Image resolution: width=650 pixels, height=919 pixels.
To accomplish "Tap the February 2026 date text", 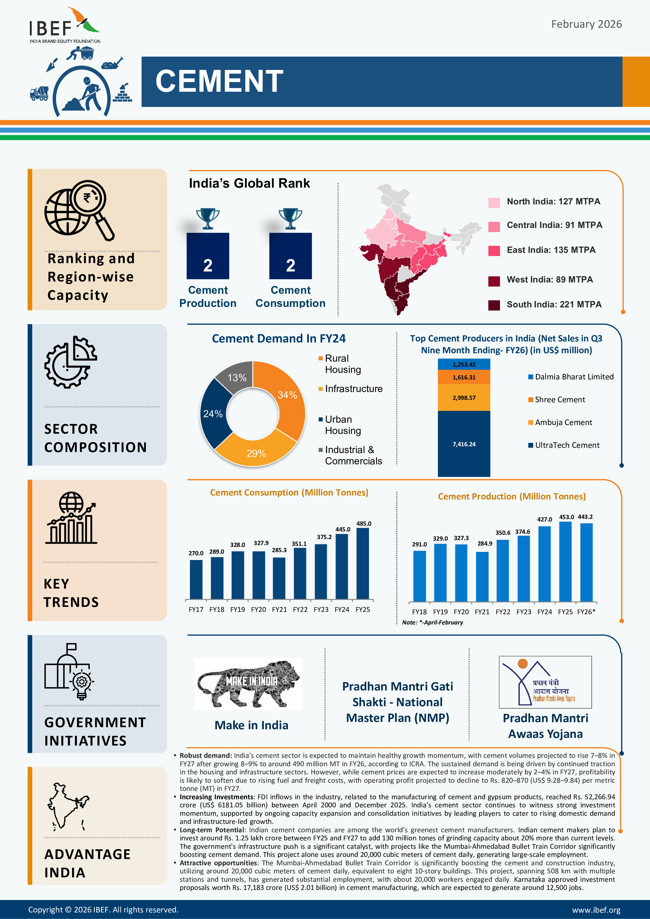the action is (x=586, y=24).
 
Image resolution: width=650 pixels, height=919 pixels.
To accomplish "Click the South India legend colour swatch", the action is (x=494, y=305).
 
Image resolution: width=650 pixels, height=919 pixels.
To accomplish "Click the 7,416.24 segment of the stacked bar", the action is (x=464, y=444).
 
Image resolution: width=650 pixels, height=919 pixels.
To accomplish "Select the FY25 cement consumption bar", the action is (x=363, y=564).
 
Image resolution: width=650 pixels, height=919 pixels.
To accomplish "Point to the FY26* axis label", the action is (x=586, y=612).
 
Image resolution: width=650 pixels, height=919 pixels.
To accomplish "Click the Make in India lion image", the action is (x=249, y=684).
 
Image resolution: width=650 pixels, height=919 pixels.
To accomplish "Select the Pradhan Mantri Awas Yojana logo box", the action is (x=545, y=682).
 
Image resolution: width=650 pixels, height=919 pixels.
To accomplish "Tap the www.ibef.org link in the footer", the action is (x=596, y=910).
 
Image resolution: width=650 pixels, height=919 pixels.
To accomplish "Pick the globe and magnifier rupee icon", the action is (x=79, y=210).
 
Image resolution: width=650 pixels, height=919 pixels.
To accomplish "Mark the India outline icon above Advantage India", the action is (x=68, y=806).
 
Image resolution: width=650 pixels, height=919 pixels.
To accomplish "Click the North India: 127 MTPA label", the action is (x=554, y=201).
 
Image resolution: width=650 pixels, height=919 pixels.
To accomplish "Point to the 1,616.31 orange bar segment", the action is (x=464, y=377).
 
